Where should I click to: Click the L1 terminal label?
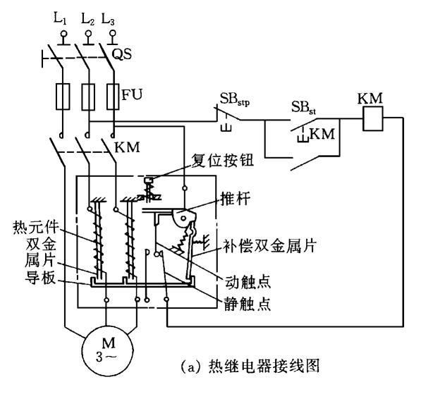pyautogui.click(x=60, y=18)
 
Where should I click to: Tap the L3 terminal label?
pyautogui.click(x=108, y=19)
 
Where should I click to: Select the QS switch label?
pyautogui.click(x=121, y=54)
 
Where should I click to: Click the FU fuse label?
pyautogui.click(x=132, y=94)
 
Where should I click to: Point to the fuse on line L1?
pyautogui.click(x=63, y=97)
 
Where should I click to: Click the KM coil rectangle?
pyautogui.click(x=372, y=118)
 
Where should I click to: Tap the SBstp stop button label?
pyautogui.click(x=235, y=99)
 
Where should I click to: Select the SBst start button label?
pyautogui.click(x=303, y=108)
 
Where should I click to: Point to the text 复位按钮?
pyautogui.click(x=222, y=161)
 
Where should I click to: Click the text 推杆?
pyautogui.click(x=236, y=199)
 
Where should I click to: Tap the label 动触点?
pyautogui.click(x=248, y=281)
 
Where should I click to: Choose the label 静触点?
pyautogui.click(x=248, y=304)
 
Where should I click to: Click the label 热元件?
pyautogui.click(x=36, y=227)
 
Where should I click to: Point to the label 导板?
pyautogui.click(x=40, y=278)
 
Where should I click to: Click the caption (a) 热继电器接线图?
pyautogui.click(x=250, y=366)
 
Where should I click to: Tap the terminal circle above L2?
pyautogui.click(x=88, y=34)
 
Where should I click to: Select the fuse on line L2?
pyautogui.click(x=88, y=97)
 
